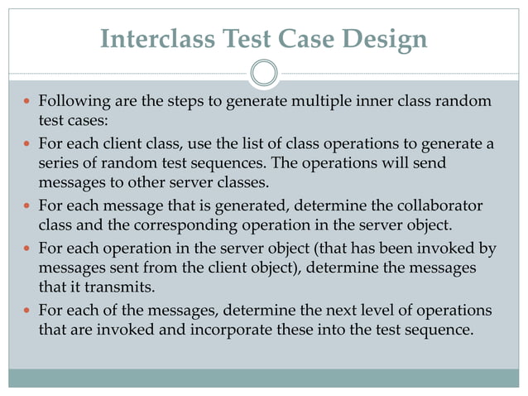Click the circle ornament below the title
pyautogui.click(x=264, y=73)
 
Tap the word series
pyautogui.click(x=58, y=162)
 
